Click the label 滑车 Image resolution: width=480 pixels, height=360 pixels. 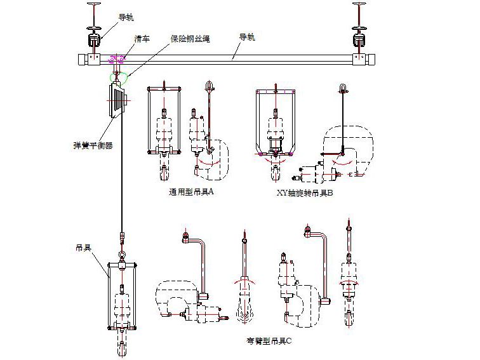142,39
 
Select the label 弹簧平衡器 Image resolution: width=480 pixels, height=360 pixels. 93,145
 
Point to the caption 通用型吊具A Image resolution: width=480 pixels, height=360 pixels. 191,192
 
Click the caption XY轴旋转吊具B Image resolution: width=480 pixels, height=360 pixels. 305,193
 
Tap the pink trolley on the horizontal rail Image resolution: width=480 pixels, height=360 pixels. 117,60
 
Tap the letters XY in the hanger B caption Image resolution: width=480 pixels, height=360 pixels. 283,193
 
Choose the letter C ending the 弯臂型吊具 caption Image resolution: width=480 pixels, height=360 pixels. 289,341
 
